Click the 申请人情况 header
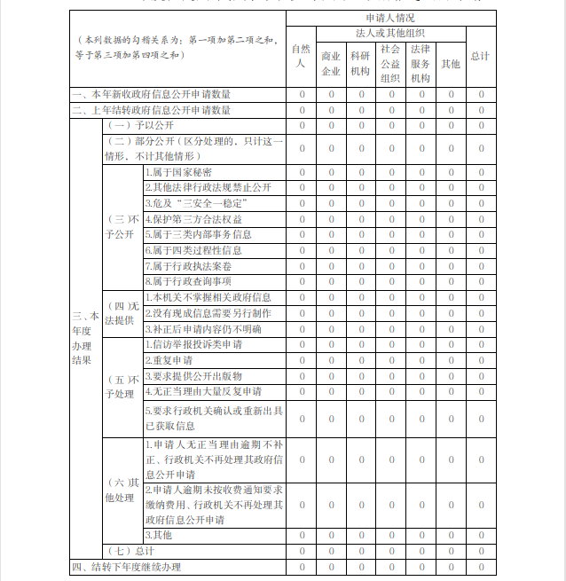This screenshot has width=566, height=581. [390, 18]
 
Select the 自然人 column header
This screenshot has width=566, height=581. [301, 56]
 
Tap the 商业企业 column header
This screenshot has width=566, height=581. [331, 63]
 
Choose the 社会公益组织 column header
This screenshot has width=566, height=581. [390, 63]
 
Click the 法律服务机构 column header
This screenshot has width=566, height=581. [421, 63]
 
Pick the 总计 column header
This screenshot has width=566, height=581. [481, 56]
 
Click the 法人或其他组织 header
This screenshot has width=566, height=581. [390, 32]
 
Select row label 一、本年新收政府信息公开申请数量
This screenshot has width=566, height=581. [152, 94]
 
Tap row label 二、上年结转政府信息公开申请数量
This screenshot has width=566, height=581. [152, 110]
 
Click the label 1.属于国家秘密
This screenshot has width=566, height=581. [178, 172]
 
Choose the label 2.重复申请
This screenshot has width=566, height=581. [168, 360]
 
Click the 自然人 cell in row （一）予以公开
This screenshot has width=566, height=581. [301, 125]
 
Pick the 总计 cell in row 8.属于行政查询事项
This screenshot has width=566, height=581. [481, 281]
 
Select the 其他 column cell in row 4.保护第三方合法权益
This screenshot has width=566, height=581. [451, 219]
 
